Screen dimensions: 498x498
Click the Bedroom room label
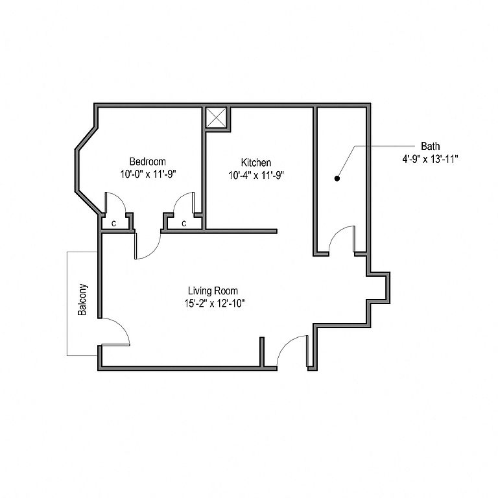pos(147,161)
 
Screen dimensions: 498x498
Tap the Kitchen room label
pos(256,162)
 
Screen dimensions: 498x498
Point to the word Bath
pos(430,146)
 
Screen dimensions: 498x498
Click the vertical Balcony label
pos(82,300)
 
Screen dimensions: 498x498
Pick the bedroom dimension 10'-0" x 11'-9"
pos(148,174)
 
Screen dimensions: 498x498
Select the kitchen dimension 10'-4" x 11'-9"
pos(256,174)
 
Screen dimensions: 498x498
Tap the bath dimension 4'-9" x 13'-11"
pos(430,158)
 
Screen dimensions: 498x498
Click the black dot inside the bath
pos(337,177)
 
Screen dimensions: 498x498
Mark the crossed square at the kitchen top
pos(216,118)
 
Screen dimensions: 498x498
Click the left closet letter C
pos(113,224)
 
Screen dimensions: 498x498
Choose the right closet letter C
pos(184,224)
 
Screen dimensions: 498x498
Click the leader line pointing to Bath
pos(383,146)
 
